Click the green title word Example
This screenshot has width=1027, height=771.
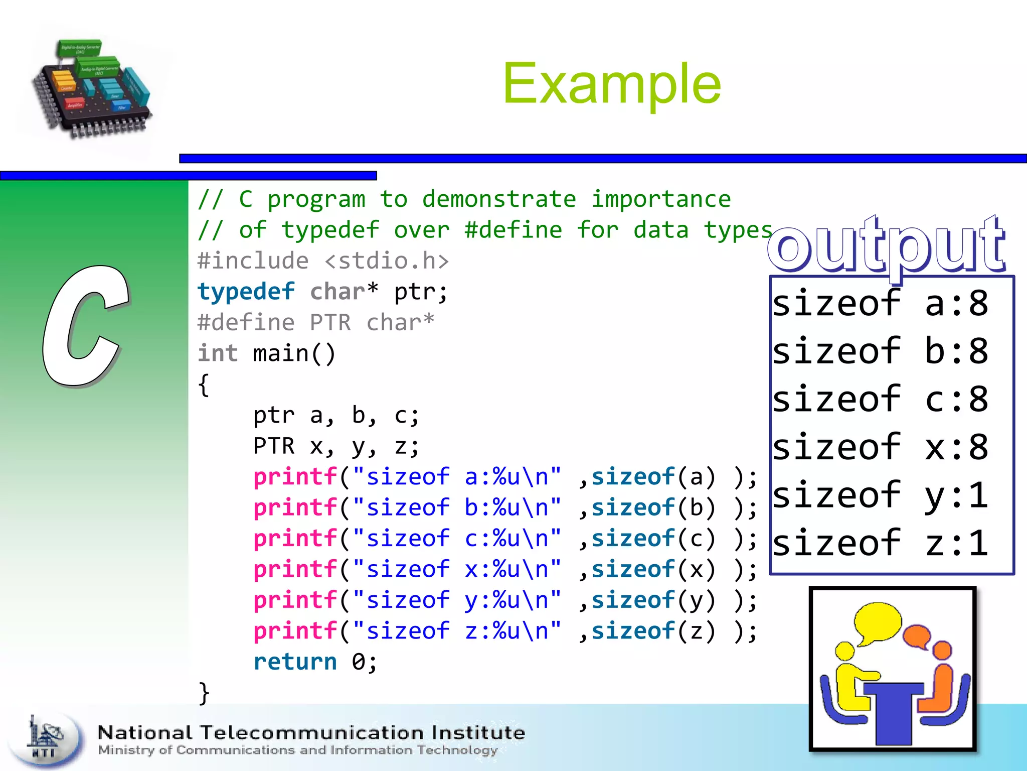point(612,84)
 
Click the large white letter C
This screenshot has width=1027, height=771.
point(85,326)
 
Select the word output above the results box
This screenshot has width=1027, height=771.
point(887,246)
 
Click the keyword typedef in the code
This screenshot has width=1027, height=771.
point(246,292)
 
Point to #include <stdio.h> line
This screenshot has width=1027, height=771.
point(323,261)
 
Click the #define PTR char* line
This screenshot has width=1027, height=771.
point(316,323)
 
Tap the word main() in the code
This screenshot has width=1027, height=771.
point(294,354)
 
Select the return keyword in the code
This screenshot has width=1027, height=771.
point(295,662)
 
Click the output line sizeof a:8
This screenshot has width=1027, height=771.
point(880,303)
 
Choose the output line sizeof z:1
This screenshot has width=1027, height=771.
point(880,543)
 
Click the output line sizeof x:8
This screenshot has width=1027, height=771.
point(880,447)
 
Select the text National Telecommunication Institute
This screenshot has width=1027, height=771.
point(311,733)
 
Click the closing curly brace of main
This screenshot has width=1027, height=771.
point(204,693)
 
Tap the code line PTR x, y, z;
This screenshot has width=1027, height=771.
point(336,446)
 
